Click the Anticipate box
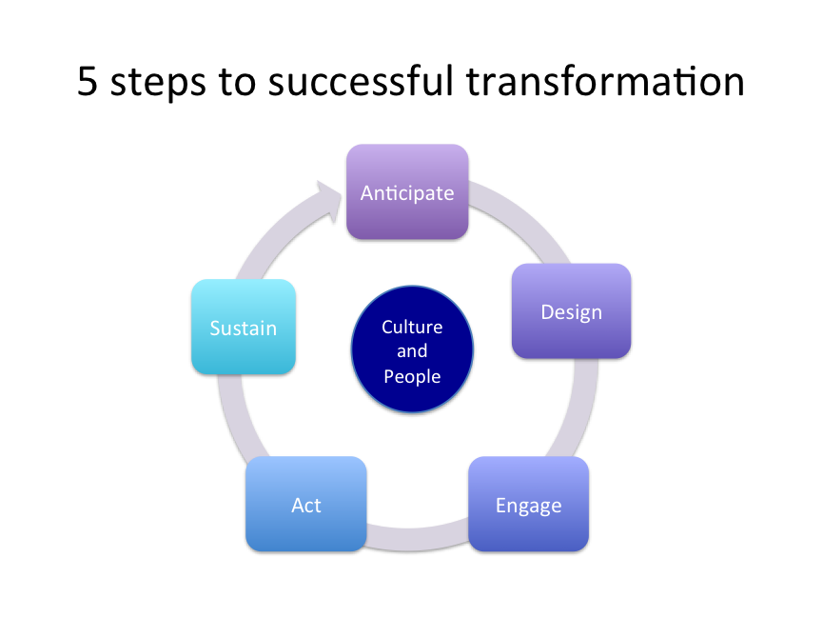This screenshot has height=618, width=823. point(407,191)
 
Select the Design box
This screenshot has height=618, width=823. point(571,311)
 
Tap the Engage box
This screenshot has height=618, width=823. point(528,504)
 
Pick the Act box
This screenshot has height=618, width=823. point(306,504)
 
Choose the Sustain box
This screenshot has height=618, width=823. point(244,327)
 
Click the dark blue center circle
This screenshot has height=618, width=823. point(412,349)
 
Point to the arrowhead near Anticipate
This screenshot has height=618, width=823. point(329,201)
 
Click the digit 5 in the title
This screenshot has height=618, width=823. point(88,82)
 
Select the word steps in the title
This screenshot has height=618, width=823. point(158,83)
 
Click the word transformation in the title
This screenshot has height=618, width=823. point(605,82)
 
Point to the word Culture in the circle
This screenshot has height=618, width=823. point(412,327)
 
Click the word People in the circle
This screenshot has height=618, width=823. point(412,376)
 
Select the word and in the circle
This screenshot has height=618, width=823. point(412,351)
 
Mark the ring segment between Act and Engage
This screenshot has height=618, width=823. point(418,538)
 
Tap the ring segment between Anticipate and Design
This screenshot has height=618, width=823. point(525,216)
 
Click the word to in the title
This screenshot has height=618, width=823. point(237,82)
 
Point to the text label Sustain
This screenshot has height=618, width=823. point(244,328)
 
